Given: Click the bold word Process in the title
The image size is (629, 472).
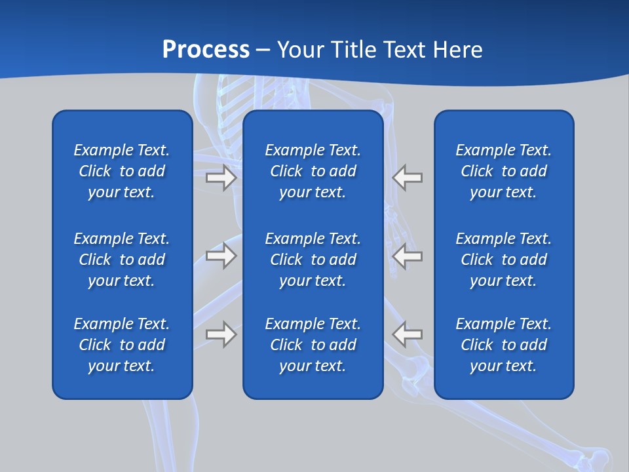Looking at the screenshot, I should (x=206, y=50).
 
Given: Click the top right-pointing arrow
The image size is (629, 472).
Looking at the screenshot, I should (x=221, y=178).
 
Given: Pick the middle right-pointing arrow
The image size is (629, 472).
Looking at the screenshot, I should (x=221, y=255).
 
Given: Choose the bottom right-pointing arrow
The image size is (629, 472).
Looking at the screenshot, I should (x=221, y=334).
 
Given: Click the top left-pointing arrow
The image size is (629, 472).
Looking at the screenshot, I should (x=407, y=178).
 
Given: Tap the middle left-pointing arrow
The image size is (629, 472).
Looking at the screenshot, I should (x=407, y=255).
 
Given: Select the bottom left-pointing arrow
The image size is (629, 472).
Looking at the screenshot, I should (x=407, y=334).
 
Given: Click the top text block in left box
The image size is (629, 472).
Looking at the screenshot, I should (x=122, y=171).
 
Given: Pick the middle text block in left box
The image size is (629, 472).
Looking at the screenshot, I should (x=122, y=260).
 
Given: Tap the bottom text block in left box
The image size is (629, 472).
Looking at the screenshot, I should (x=122, y=345).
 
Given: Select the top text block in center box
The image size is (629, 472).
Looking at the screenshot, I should (x=313, y=171).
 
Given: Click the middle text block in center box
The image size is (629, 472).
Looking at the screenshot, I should (x=313, y=260).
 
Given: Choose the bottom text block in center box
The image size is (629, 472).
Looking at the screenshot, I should (x=313, y=345).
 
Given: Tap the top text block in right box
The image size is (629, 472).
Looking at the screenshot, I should (x=503, y=171).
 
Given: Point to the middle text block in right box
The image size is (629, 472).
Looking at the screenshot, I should (x=503, y=260).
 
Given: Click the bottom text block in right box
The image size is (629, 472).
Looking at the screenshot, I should (x=503, y=345).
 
